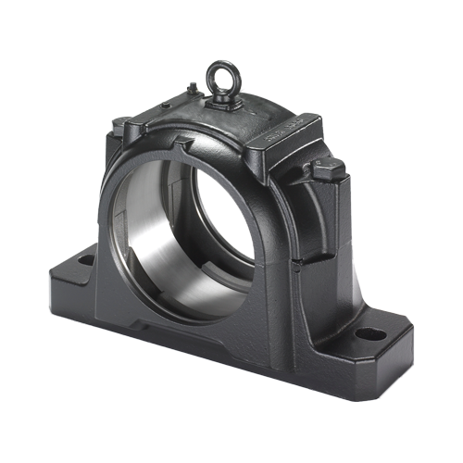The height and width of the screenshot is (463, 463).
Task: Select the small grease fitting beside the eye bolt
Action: pyautogui.click(x=192, y=89)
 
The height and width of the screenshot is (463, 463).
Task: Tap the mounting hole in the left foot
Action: pyautogui.click(x=86, y=260)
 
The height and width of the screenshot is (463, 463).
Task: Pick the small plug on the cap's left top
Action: pyautogui.click(x=192, y=89)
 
